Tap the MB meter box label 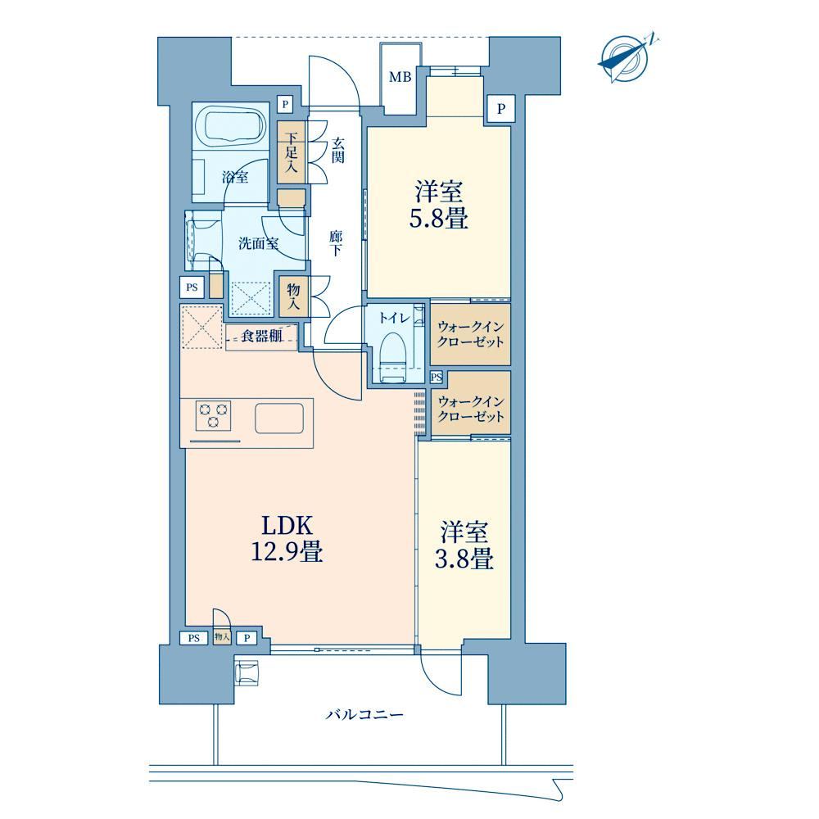[400, 77]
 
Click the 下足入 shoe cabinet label [291, 152]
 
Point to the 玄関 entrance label [338, 151]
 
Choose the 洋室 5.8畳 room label [438, 205]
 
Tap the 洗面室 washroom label [258, 243]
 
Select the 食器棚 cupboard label [262, 336]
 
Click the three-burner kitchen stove [213, 415]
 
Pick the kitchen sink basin [279, 418]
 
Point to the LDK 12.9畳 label [287, 539]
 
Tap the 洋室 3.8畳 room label [464, 545]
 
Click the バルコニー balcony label [364, 714]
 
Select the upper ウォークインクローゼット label [471, 334]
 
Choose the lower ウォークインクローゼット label [471, 409]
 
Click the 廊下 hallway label [335, 243]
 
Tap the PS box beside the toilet [437, 377]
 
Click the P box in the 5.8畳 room [501, 109]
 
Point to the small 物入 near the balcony [222, 636]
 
